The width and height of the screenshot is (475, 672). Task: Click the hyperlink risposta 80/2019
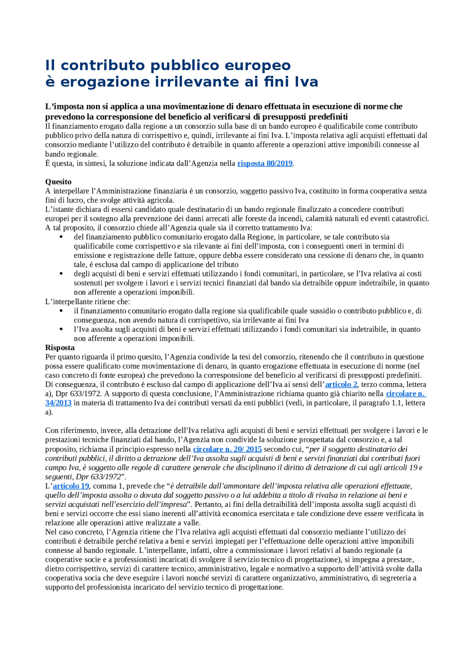(x=265, y=164)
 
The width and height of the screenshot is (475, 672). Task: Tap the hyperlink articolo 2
(x=341, y=384)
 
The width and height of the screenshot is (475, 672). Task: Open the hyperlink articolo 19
(x=71, y=486)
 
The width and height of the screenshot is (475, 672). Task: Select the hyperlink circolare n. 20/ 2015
(x=227, y=449)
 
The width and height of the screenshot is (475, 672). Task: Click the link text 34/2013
(x=58, y=403)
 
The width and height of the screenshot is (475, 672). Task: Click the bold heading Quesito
(x=58, y=182)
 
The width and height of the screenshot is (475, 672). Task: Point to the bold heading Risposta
(x=60, y=348)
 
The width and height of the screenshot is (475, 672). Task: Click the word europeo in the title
(x=258, y=65)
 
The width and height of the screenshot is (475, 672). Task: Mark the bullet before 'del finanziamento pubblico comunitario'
(x=61, y=237)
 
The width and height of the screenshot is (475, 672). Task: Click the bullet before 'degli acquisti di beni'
(x=61, y=274)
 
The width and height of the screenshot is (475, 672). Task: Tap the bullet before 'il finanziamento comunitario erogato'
(x=61, y=311)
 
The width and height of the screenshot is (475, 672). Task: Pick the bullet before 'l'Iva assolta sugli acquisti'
(x=61, y=329)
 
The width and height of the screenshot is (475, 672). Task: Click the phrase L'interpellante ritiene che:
(x=88, y=302)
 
